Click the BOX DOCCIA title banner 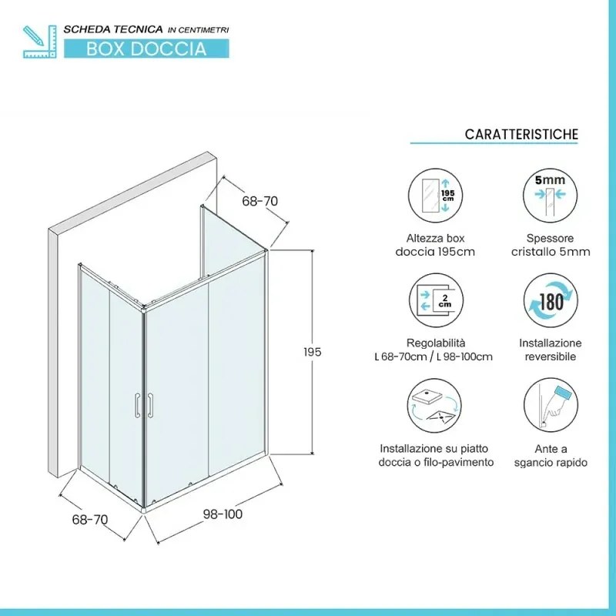click(x=146, y=49)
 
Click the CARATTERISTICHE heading click(x=521, y=135)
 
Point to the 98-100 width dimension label click(x=223, y=514)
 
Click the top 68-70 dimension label click(x=259, y=201)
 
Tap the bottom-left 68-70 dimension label click(x=89, y=519)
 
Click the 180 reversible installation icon click(x=550, y=301)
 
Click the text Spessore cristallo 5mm click(x=550, y=245)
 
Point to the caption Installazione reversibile click(x=550, y=350)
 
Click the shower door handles click(x=143, y=405)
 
